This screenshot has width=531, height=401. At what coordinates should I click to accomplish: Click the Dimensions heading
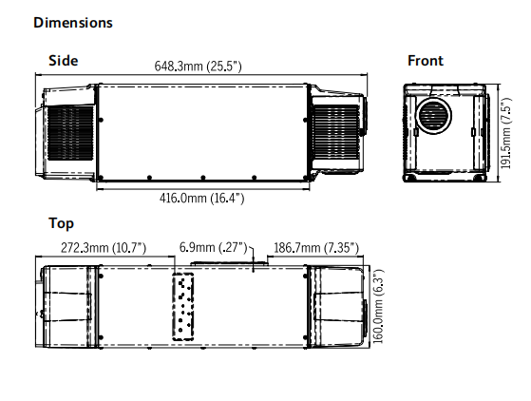(x=73, y=23)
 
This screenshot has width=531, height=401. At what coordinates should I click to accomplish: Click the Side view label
(x=64, y=61)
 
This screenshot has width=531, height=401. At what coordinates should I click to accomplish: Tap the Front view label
(x=426, y=61)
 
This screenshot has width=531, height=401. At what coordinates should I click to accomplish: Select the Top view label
(x=62, y=224)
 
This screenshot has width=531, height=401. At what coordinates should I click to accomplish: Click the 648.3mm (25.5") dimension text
(x=199, y=67)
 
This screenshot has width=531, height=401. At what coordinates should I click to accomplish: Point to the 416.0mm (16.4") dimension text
(x=201, y=198)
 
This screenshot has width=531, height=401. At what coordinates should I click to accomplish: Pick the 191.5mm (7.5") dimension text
(x=506, y=133)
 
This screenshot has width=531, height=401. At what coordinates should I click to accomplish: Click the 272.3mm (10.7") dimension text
(x=104, y=248)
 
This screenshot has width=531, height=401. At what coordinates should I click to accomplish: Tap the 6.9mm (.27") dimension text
(x=214, y=248)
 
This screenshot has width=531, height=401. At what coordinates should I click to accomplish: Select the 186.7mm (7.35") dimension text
(x=316, y=248)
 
